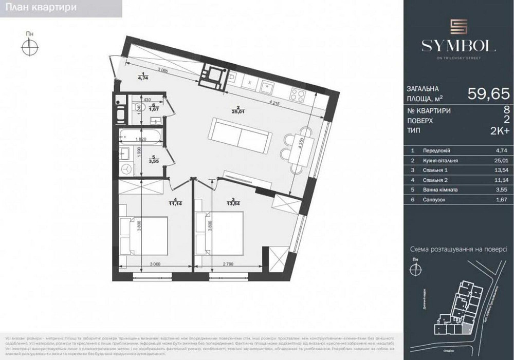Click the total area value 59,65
[x=488, y=93]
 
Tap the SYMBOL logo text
[x=458, y=46]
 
